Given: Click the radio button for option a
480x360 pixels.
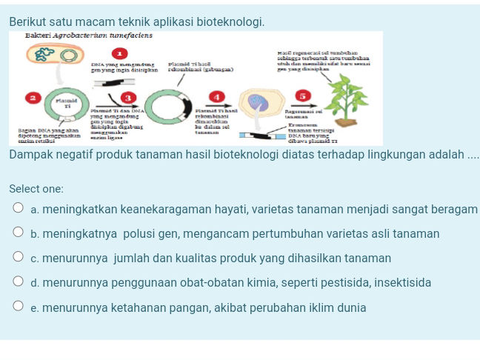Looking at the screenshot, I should pos(19,210).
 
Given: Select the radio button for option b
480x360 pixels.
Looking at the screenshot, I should pos(19,234).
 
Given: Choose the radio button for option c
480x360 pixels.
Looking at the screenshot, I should pos(19,259).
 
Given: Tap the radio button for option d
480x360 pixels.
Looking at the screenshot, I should pos(19,283).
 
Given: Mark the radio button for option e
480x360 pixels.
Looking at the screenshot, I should pos(19,307).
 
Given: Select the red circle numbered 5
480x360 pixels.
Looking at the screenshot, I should pos(301,96).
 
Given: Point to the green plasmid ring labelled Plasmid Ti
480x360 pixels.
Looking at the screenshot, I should pos(67,108).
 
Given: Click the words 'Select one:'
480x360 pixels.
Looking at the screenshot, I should pos(36,189).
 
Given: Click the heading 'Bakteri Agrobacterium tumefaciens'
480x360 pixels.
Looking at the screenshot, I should pos(88,36).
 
